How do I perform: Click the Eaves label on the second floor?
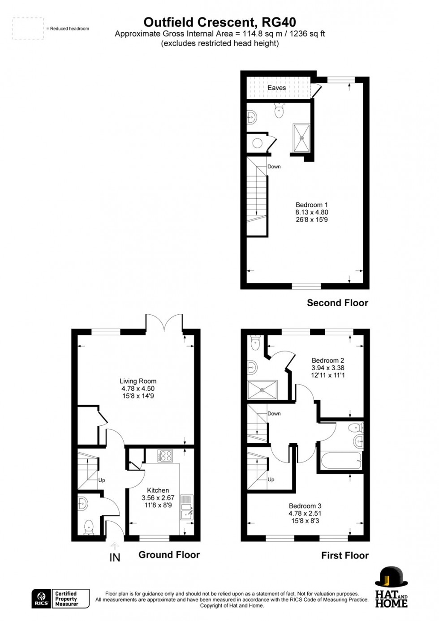[276, 88]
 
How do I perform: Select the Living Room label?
[138, 381]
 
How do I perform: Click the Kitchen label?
[158, 490]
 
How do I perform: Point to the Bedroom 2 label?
[328, 360]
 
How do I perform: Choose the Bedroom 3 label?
[305, 506]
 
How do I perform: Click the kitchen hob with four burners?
[165, 456]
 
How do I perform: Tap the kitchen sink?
[186, 508]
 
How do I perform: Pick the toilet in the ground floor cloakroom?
[89, 526]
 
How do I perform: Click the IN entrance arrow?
[115, 546]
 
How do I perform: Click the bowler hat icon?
[391, 578]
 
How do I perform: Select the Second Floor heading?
[337, 303]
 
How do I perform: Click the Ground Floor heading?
[169, 555]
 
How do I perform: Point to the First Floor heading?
[344, 555]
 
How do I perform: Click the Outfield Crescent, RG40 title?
[219, 22]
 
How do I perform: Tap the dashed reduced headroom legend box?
[28, 29]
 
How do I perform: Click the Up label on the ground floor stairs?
[102, 480]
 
